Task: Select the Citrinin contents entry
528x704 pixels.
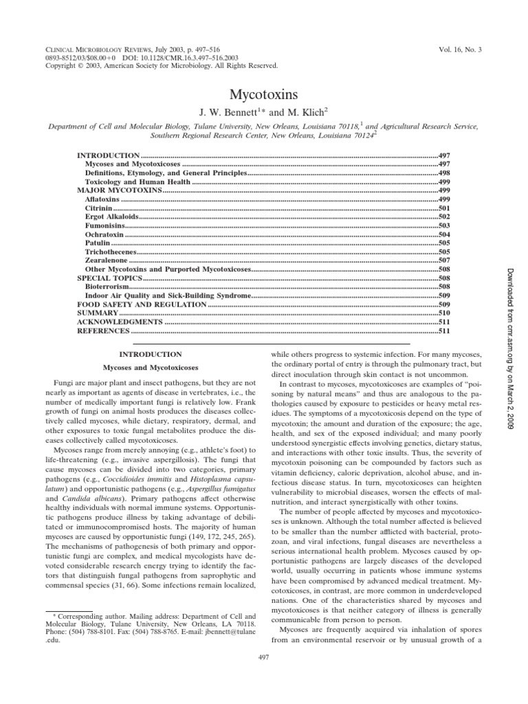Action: (98, 207)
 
